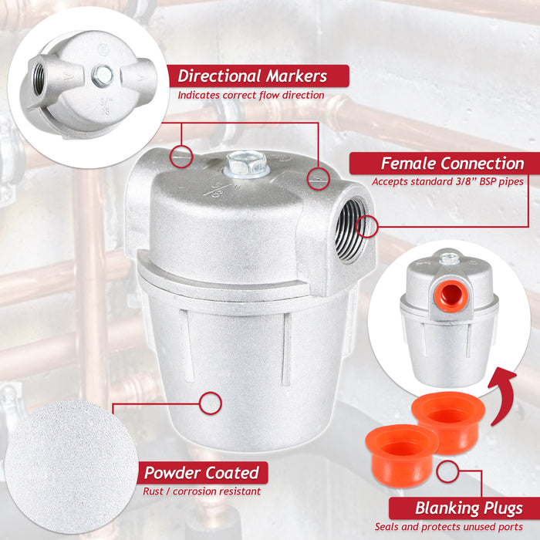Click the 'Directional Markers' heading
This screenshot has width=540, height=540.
pyautogui.click(x=252, y=76)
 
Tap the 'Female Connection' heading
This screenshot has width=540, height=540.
pyautogui.click(x=453, y=164)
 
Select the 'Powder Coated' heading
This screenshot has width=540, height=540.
pyautogui.click(x=202, y=472)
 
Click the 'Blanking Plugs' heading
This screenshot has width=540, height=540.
pyautogui.click(x=469, y=508)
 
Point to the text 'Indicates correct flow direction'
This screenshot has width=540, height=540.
pyautogui.click(x=251, y=95)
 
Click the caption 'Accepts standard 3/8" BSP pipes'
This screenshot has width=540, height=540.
pyautogui.click(x=447, y=181)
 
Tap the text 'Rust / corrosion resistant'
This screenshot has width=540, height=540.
pyautogui.click(x=202, y=491)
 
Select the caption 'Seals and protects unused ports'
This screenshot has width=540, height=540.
pyautogui.click(x=449, y=527)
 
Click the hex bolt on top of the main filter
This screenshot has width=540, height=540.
pyautogui.click(x=247, y=164)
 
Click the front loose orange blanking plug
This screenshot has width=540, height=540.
pyautogui.click(x=402, y=454)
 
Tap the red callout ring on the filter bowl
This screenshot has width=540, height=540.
pyautogui.click(x=211, y=403)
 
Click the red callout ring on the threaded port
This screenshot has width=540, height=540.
pyautogui.click(x=367, y=227)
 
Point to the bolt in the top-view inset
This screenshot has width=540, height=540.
pyautogui.click(x=103, y=76)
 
